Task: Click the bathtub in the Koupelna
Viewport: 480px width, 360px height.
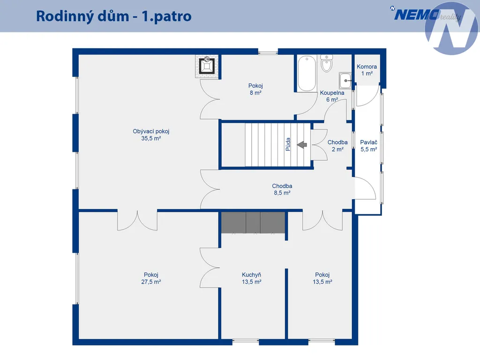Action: pyautogui.click(x=307, y=73)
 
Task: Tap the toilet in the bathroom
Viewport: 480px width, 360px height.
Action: pyautogui.click(x=327, y=63)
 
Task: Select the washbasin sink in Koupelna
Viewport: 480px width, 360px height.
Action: pyautogui.click(x=345, y=81)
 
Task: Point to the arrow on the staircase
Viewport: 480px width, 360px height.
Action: pyautogui.click(x=302, y=144)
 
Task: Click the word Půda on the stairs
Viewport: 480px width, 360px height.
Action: pyautogui.click(x=288, y=144)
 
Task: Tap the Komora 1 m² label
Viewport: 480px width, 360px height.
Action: pyautogui.click(x=367, y=70)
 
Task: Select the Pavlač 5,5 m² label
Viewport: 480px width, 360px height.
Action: pyautogui.click(x=368, y=146)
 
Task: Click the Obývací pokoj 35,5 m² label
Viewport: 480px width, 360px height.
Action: pyautogui.click(x=151, y=135)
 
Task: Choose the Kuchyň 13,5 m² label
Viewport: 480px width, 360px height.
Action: pyautogui.click(x=251, y=278)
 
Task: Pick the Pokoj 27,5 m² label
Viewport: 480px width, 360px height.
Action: pyautogui.click(x=151, y=278)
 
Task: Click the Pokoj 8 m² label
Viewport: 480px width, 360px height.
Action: pyautogui.click(x=255, y=89)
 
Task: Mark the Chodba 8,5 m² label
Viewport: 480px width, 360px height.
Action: pyautogui.click(x=282, y=189)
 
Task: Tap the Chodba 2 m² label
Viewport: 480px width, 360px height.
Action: pyautogui.click(x=337, y=146)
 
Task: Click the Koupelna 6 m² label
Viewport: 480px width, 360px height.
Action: pyautogui.click(x=332, y=96)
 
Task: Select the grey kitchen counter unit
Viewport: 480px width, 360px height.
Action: pyautogui.click(x=253, y=223)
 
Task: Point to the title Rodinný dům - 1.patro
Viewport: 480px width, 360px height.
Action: pyautogui.click(x=113, y=16)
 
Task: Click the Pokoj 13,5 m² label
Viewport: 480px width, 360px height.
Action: pyautogui.click(x=322, y=278)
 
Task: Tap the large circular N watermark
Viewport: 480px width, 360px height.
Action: pyautogui.click(x=451, y=29)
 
